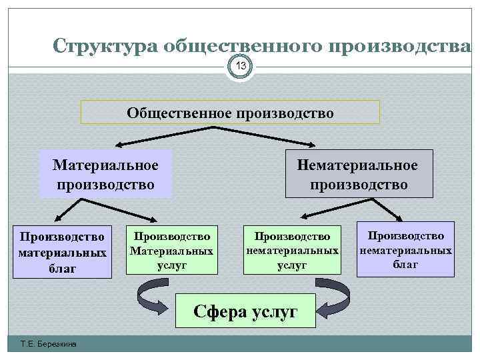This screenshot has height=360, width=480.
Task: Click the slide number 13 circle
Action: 241,66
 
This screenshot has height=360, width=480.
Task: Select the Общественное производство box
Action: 230,112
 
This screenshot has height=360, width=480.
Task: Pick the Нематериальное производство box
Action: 358,174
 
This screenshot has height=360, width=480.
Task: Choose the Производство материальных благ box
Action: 63,253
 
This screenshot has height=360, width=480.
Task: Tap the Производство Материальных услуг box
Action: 172,251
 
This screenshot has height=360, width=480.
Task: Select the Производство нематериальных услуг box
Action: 291,251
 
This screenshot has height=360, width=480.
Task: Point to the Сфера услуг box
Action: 245,310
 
